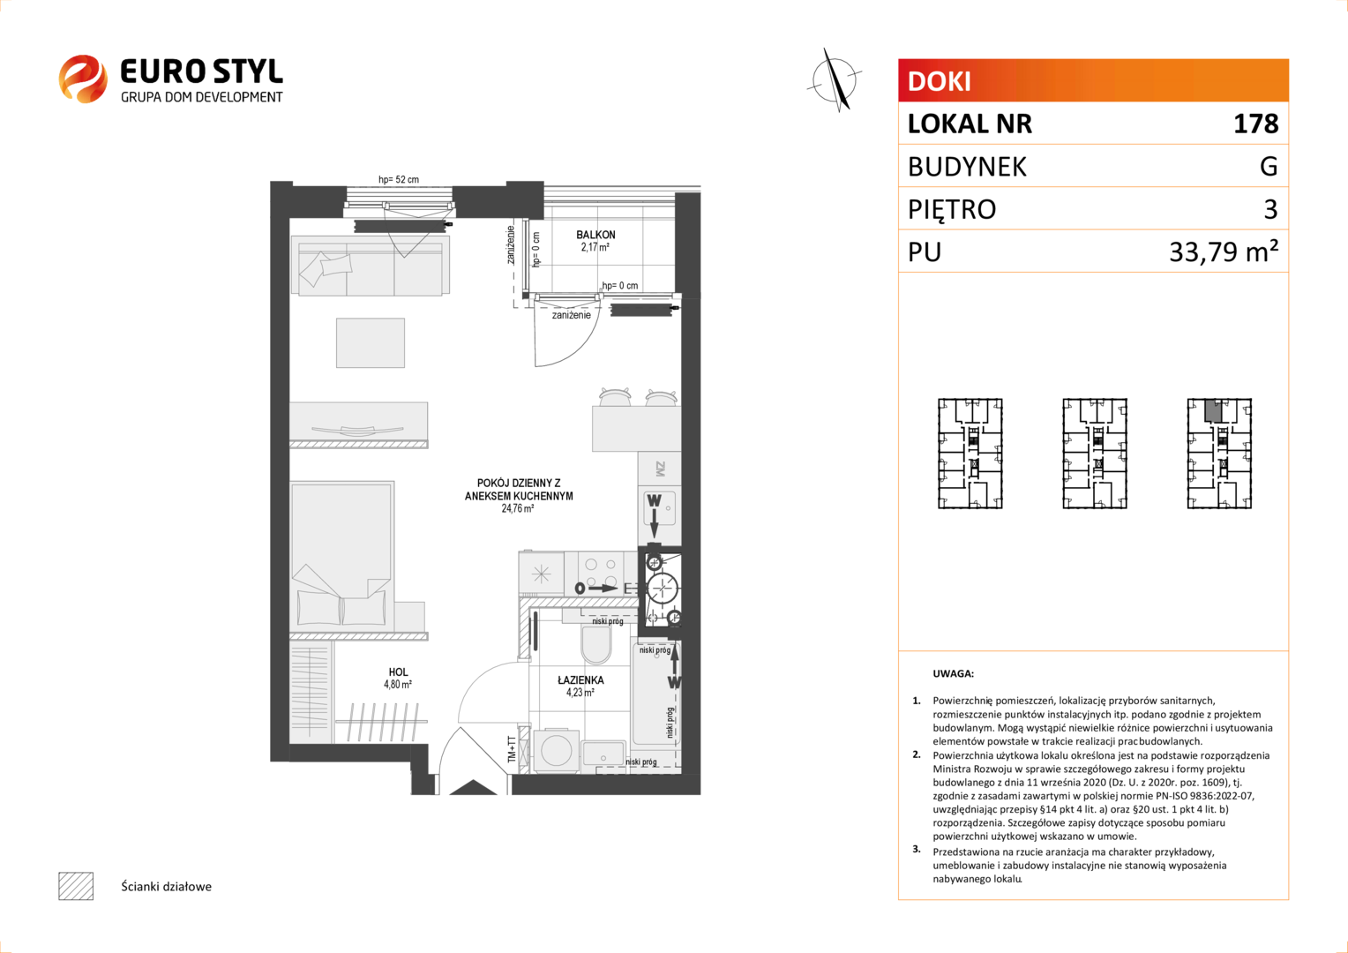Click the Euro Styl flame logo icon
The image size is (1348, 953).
83,79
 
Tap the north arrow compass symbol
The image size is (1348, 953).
835,80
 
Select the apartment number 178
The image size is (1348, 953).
1255,124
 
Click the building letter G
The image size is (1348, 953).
1269,166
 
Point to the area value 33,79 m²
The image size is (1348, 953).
1224,251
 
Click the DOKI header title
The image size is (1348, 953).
939,81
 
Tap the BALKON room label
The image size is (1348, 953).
595,235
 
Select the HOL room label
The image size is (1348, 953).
398,672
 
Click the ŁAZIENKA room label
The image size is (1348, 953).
580,680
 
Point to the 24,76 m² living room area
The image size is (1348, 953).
518,509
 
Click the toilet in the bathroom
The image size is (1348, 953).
595,645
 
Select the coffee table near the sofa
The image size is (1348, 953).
371,342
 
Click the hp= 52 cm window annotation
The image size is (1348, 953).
399,179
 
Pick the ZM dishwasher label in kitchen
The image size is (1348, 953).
660,469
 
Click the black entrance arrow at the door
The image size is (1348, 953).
473,787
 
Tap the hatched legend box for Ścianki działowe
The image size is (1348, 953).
76,886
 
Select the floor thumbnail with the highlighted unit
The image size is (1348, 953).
1219,454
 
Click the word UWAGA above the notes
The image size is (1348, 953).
954,673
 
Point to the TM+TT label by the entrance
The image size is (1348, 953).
512,749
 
